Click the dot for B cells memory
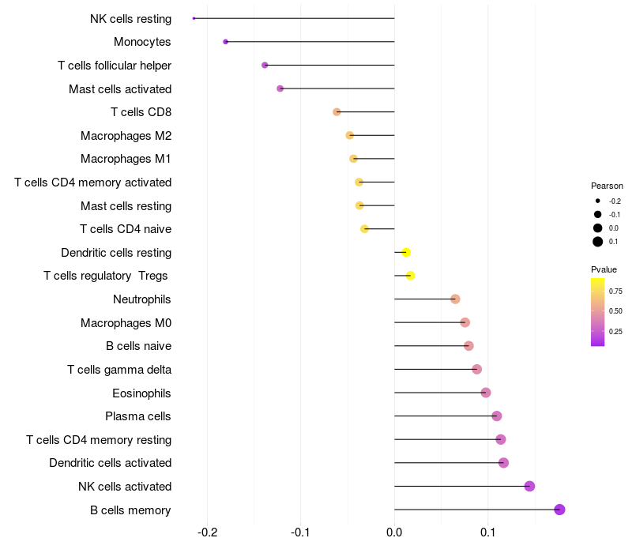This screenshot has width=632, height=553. [x=559, y=510]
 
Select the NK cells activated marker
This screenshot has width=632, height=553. [x=529, y=486]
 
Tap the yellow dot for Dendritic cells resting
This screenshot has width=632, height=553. [x=406, y=253]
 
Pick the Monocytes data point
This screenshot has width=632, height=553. [x=226, y=42]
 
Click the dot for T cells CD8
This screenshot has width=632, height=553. [x=337, y=112]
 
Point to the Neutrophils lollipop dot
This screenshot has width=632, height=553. [x=455, y=299]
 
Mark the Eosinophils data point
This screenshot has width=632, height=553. [x=486, y=393]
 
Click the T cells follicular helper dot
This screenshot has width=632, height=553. [x=265, y=65]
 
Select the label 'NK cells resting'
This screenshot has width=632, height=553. [x=130, y=18]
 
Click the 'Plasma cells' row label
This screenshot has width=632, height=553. [x=138, y=416]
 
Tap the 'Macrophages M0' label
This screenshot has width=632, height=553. [x=126, y=322]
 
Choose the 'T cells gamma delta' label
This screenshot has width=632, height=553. [x=119, y=370]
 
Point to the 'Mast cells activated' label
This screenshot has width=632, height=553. [x=120, y=88]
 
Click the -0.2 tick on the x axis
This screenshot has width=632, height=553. [x=207, y=532]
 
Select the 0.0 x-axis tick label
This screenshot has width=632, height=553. [x=394, y=532]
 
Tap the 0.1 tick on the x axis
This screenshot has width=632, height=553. [x=487, y=532]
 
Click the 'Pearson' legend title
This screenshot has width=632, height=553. [x=607, y=186]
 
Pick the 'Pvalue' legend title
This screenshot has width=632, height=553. [x=604, y=269]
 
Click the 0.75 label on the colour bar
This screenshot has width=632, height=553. [x=615, y=292]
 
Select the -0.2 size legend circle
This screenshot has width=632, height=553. [x=598, y=201]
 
